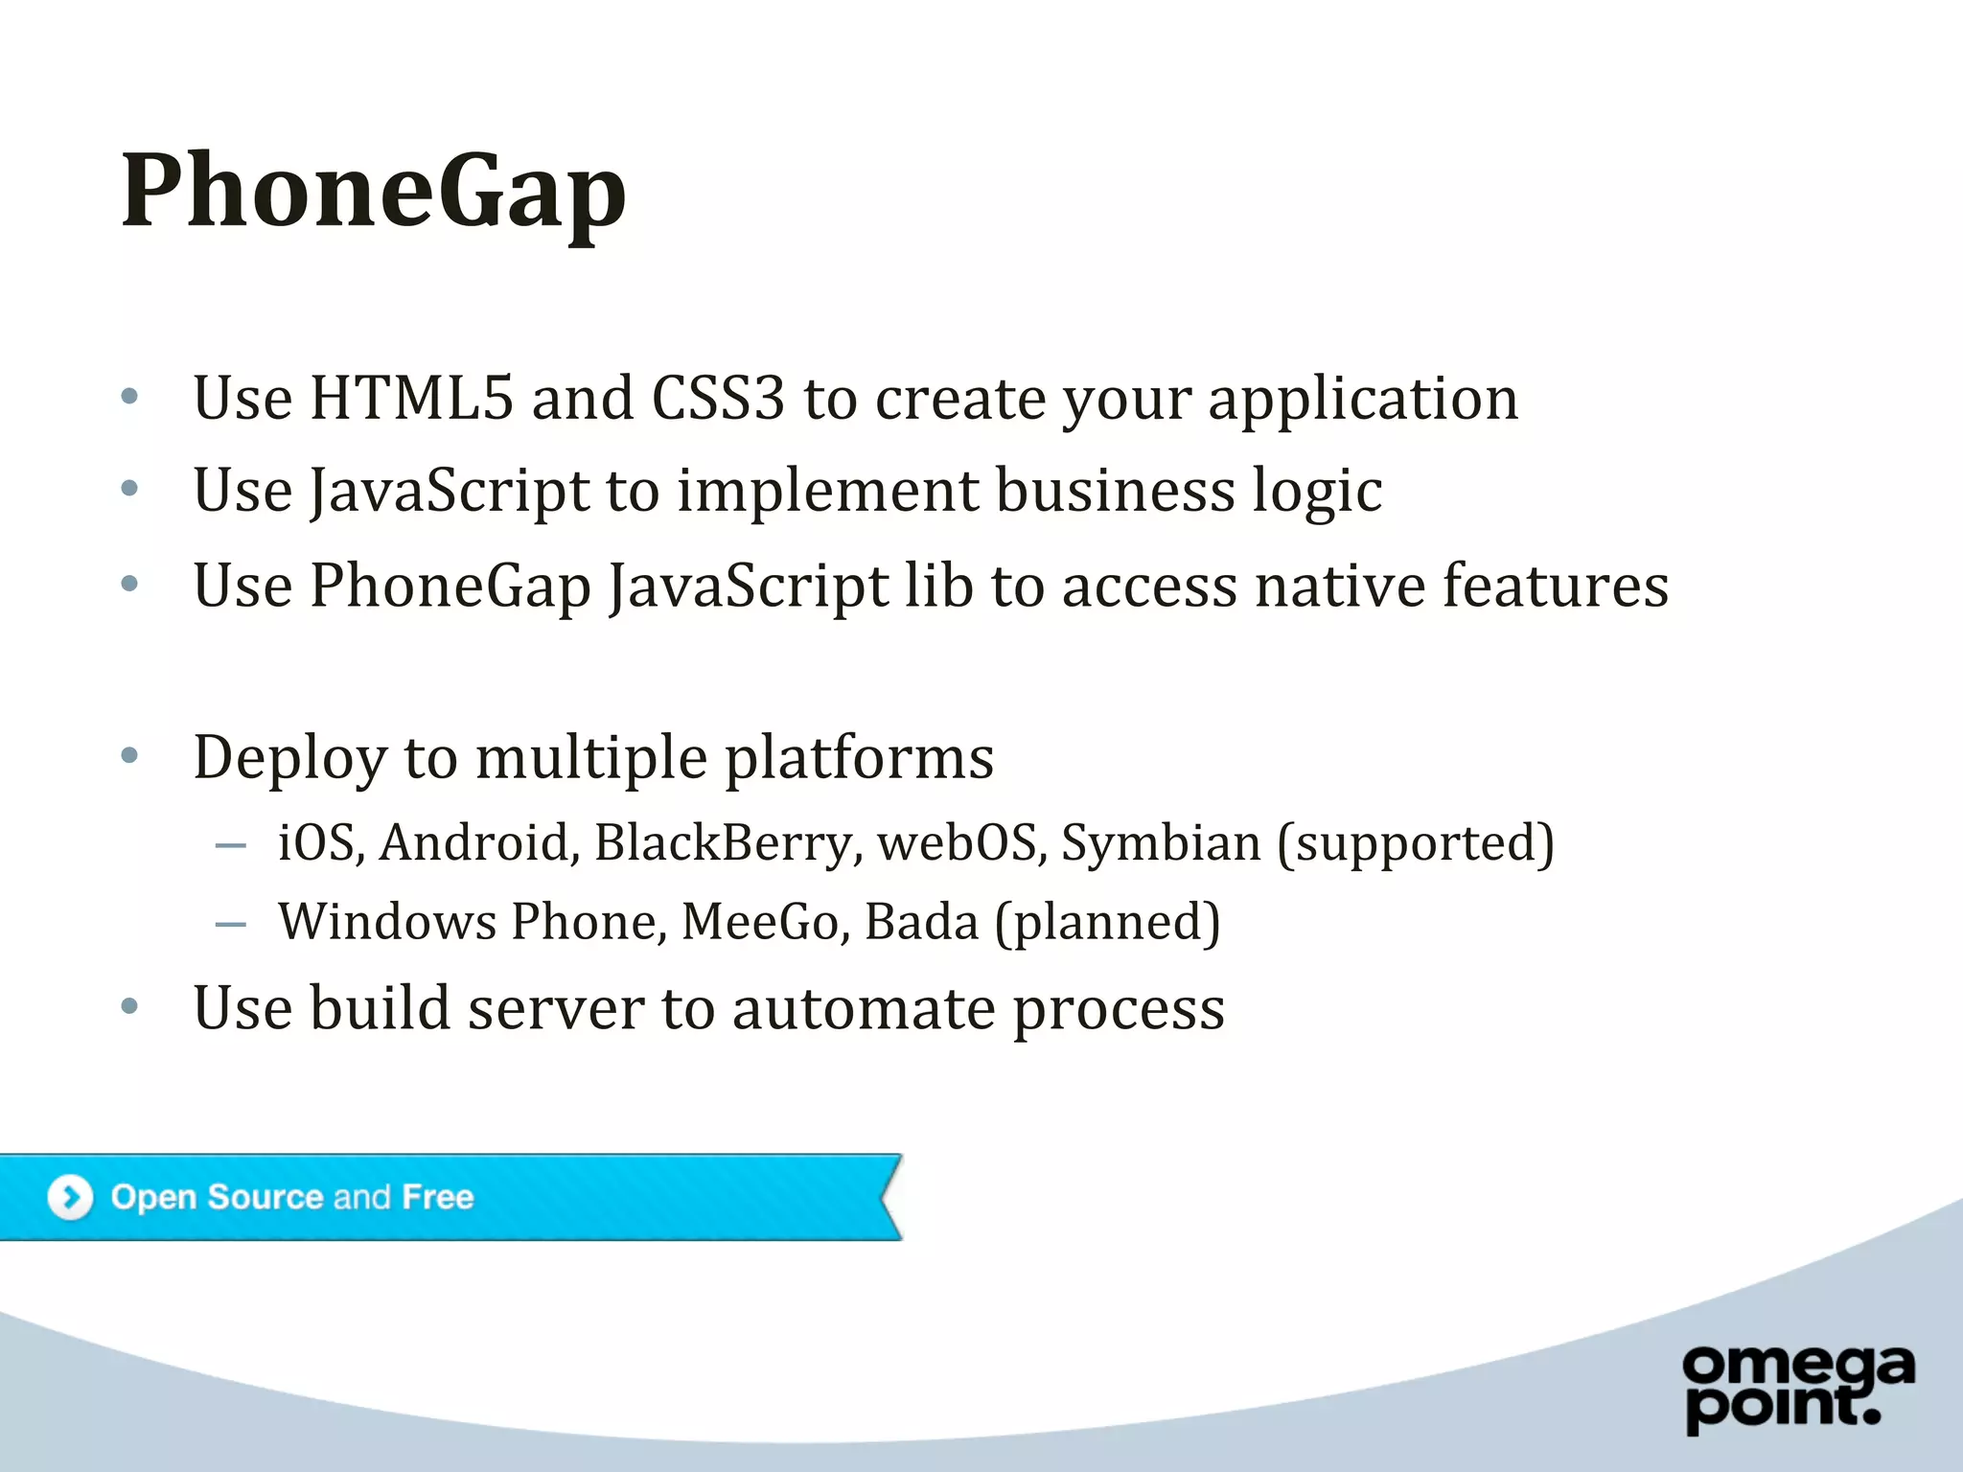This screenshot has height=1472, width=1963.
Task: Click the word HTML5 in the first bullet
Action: tap(411, 398)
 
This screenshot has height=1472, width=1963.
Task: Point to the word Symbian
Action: tap(1161, 843)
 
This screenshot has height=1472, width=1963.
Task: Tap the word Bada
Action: tap(921, 922)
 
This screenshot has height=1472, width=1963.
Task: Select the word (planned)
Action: tap(1108, 924)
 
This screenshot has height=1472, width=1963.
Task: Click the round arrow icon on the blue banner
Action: tap(70, 1197)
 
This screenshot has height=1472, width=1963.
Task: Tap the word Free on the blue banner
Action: tap(438, 1197)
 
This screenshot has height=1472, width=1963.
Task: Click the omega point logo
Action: tap(1798, 1387)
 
